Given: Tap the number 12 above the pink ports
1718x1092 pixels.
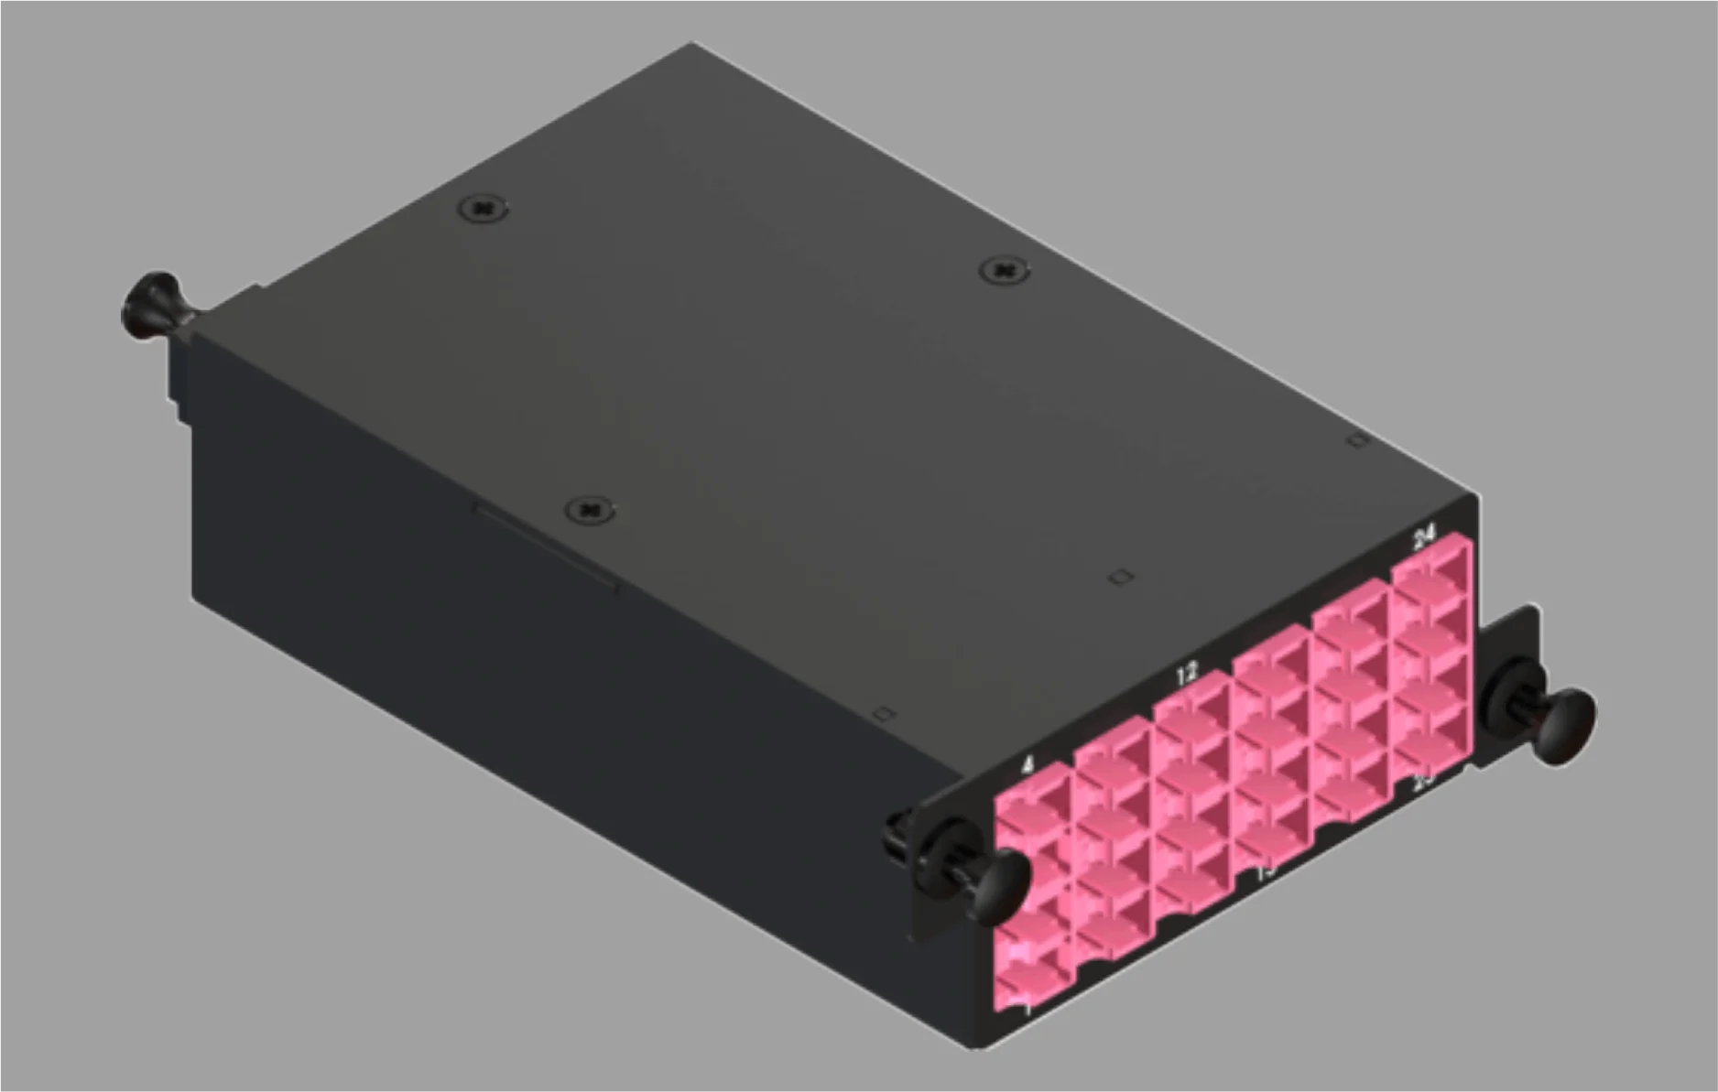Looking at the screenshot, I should click(x=1187, y=676).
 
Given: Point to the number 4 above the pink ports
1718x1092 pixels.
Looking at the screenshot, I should click(x=1028, y=764).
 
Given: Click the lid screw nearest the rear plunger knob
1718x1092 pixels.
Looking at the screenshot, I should click(x=483, y=209).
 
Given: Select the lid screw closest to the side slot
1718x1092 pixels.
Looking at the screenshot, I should click(x=590, y=509).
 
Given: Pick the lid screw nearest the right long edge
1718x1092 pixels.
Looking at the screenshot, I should click(x=1004, y=270).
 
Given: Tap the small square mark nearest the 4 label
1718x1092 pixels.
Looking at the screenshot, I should click(x=884, y=713).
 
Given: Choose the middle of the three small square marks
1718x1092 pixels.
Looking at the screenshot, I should click(x=1121, y=577).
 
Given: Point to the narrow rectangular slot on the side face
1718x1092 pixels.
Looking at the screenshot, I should click(x=545, y=546).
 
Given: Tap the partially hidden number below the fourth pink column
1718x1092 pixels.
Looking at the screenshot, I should click(x=1266, y=870).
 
